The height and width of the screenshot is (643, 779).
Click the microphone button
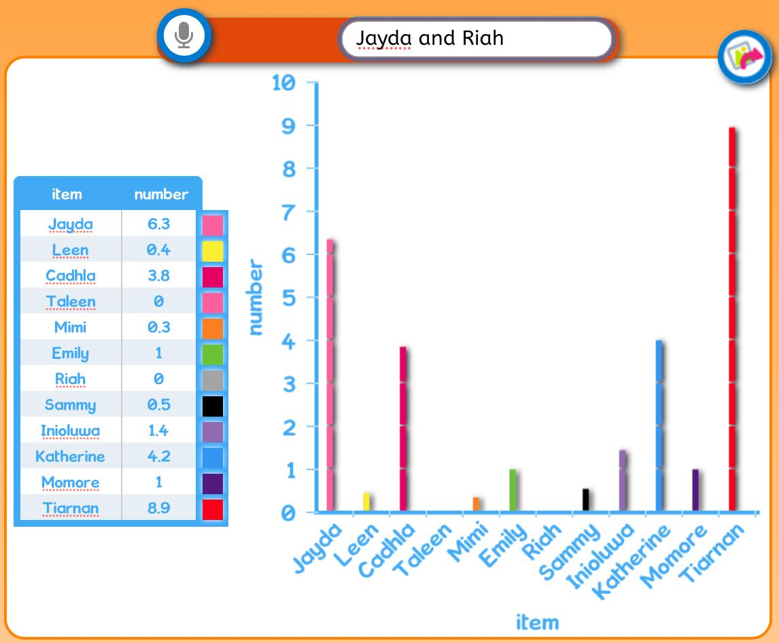coord(184,36)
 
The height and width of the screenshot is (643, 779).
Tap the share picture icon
coord(744,57)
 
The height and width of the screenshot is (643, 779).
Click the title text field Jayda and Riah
coord(476,39)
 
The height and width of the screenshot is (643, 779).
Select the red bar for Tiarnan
coord(732,319)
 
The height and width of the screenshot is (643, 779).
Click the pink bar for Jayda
coord(330,375)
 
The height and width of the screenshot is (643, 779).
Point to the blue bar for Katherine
coord(659,425)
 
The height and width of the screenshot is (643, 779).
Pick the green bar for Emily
coord(513,490)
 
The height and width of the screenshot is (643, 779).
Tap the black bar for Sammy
coord(586,500)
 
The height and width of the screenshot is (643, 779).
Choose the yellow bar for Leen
coord(366,502)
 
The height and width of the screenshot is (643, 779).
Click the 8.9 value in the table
coord(159,508)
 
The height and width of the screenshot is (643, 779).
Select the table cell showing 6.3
coord(159,224)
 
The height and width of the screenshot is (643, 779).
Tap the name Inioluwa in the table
coord(70,430)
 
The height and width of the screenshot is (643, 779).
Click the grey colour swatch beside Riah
coord(213,380)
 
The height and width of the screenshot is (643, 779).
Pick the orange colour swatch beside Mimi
coord(213,328)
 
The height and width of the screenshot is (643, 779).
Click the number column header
coord(162,194)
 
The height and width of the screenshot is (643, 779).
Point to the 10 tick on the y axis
coord(283,82)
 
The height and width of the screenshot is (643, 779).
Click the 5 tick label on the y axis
coord(289,298)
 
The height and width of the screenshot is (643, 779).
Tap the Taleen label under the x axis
coord(422,550)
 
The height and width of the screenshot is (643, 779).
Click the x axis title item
coord(537,622)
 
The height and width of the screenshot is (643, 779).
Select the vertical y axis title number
coord(256,297)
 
